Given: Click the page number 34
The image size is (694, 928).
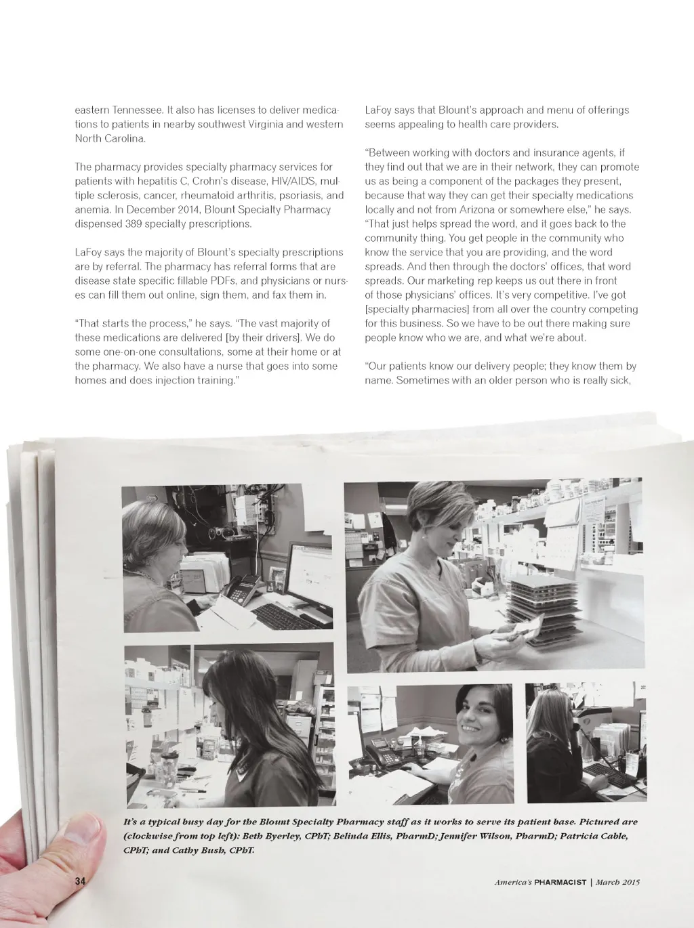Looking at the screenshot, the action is coord(81,881).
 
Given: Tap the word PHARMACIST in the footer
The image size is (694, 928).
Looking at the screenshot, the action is coord(560,883).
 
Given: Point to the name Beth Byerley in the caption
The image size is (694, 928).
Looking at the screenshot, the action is coord(268,837).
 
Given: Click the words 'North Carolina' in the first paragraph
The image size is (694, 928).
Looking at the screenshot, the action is coord(110,139).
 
